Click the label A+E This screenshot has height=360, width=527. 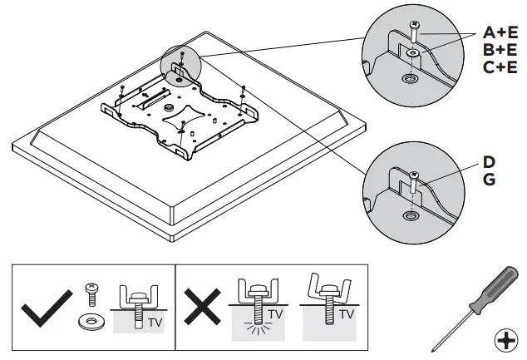click(500, 32)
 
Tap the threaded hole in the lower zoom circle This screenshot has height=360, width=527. click(410, 215)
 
